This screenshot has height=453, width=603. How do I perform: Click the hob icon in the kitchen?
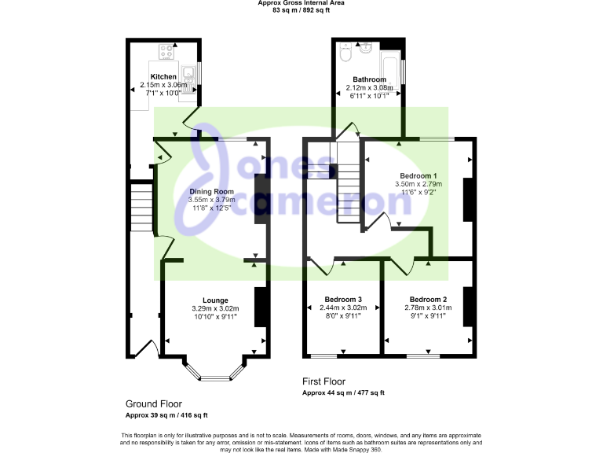click(166, 52)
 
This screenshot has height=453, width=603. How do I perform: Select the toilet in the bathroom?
click(345, 55)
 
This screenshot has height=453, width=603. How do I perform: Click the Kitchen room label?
click(163, 76)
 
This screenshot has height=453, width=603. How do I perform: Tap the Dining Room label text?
click(212, 191)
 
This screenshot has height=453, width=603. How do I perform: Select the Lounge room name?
click(215, 300)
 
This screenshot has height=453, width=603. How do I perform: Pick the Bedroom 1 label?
click(418, 175)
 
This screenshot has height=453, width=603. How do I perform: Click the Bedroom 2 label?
click(428, 299)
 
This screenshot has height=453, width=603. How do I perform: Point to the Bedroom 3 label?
click(343, 299)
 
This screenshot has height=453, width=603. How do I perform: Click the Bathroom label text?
click(369, 79)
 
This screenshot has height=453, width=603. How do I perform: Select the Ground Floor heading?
click(153, 403)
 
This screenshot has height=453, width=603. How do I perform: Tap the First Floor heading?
click(323, 381)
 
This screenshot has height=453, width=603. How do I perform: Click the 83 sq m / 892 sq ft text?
click(301, 10)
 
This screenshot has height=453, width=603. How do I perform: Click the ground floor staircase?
click(141, 208)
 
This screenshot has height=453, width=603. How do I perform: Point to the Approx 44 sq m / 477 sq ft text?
click(343, 392)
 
